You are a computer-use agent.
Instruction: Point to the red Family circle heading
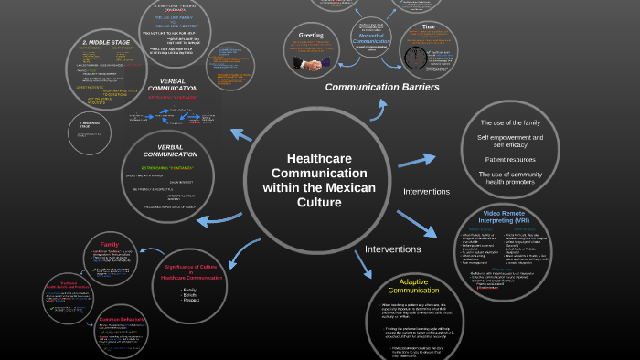point(110,244)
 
